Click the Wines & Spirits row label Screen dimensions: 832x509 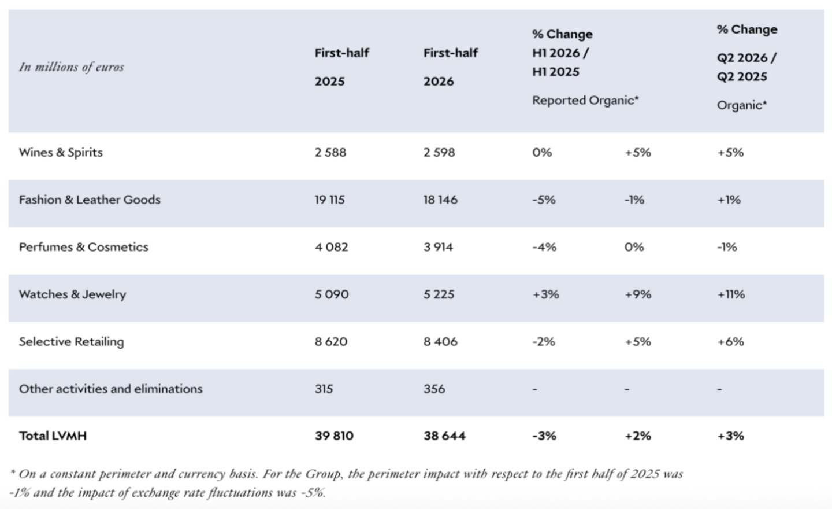(x=61, y=153)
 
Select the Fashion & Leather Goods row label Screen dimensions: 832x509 (x=90, y=200)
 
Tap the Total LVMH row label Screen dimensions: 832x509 (x=53, y=436)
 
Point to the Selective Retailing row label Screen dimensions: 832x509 (x=71, y=342)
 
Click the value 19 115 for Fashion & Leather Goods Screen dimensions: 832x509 (x=330, y=200)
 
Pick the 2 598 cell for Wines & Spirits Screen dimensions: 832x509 (x=439, y=153)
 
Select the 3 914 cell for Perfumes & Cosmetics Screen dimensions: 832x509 (x=439, y=247)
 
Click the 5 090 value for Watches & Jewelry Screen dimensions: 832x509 (x=332, y=294)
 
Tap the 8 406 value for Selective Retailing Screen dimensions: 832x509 (x=440, y=341)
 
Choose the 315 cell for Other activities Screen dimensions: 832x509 (x=324, y=389)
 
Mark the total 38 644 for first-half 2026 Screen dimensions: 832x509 (x=445, y=436)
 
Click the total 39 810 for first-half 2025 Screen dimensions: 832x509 (x=335, y=436)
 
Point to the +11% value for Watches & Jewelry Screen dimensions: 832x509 (x=731, y=294)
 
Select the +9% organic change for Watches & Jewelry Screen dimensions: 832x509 (x=638, y=294)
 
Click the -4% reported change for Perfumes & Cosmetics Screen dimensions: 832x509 (x=544, y=247)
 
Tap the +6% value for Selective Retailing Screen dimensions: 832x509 (x=730, y=341)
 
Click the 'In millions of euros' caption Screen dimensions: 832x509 (x=71, y=67)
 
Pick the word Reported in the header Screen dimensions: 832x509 (x=559, y=101)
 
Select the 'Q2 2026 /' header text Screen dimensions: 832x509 (x=746, y=58)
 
